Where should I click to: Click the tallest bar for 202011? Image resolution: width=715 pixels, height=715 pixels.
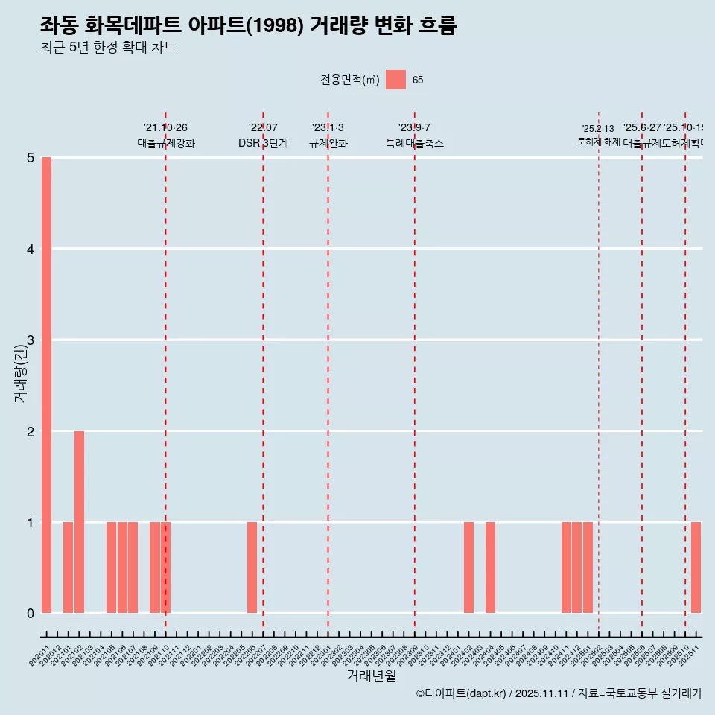pyautogui.click(x=46, y=385)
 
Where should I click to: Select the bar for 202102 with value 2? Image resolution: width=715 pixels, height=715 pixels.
pyautogui.click(x=79, y=522)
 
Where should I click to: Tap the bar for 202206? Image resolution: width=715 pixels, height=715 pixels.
pyautogui.click(x=252, y=568)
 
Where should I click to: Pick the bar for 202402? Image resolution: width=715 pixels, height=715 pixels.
pyautogui.click(x=468, y=568)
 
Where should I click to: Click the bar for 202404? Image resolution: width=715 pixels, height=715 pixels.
pyautogui.click(x=490, y=568)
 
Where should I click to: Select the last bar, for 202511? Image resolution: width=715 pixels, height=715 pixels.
pyautogui.click(x=696, y=568)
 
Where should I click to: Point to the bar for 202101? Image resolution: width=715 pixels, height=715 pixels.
pyautogui.click(x=68, y=568)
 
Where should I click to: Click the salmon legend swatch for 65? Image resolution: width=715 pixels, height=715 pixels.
pyautogui.click(x=395, y=80)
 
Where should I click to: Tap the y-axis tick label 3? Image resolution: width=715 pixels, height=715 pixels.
pyautogui.click(x=31, y=340)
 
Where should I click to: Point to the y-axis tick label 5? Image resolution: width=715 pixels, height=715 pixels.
pyautogui.click(x=31, y=158)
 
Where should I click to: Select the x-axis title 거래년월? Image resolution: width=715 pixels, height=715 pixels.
pyautogui.click(x=371, y=676)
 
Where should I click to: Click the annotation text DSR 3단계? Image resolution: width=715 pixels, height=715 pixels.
pyautogui.click(x=263, y=143)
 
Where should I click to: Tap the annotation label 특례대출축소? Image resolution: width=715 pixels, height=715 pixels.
pyautogui.click(x=414, y=143)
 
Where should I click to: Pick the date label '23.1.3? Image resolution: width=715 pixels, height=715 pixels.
pyautogui.click(x=328, y=128)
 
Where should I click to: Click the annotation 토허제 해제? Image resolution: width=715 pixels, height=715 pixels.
pyautogui.click(x=598, y=142)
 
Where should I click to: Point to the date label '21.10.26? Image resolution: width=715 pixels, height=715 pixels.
pyautogui.click(x=165, y=128)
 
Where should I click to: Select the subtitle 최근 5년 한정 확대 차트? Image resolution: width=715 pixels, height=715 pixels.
pyautogui.click(x=108, y=48)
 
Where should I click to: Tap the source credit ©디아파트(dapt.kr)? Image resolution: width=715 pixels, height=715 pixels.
pyautogui.click(x=461, y=693)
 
